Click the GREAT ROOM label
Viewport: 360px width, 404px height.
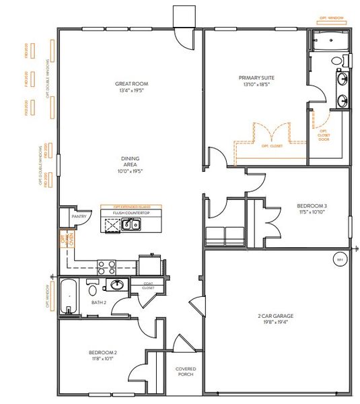coord(131,84)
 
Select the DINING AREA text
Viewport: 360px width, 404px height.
coord(131,159)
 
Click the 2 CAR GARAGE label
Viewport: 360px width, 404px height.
coord(278,315)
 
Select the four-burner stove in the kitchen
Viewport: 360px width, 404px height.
coord(106,265)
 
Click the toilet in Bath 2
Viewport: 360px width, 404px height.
coord(92,290)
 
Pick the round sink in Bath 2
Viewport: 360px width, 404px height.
coord(116,285)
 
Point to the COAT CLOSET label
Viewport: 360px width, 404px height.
coord(147,286)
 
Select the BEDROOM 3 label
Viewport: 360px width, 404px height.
coord(312,206)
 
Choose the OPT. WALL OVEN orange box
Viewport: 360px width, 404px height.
coord(65,240)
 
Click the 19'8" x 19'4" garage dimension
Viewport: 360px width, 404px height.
coord(278,323)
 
